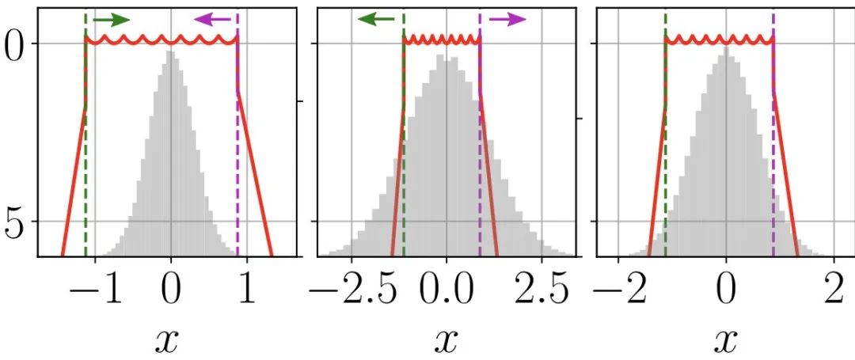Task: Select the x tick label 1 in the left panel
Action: point(247,290)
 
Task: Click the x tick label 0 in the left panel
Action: point(170,290)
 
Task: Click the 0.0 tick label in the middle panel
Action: point(446,290)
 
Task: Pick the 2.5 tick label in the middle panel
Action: point(542,290)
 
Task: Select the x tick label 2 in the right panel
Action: point(833,290)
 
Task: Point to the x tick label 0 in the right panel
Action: point(725,290)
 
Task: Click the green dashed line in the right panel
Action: point(665,158)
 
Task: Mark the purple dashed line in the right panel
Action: point(773,158)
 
